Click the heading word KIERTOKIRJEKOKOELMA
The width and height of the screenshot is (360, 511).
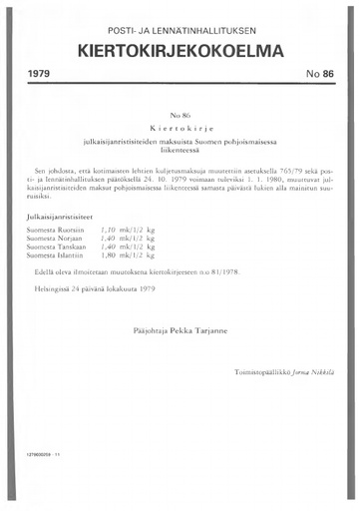tap(180, 50)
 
